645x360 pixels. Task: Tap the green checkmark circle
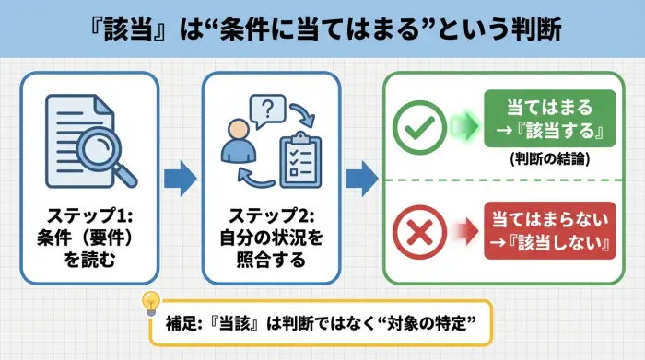[x=418, y=126]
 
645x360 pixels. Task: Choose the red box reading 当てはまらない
[x=548, y=221]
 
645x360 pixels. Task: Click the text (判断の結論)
[x=548, y=159]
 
